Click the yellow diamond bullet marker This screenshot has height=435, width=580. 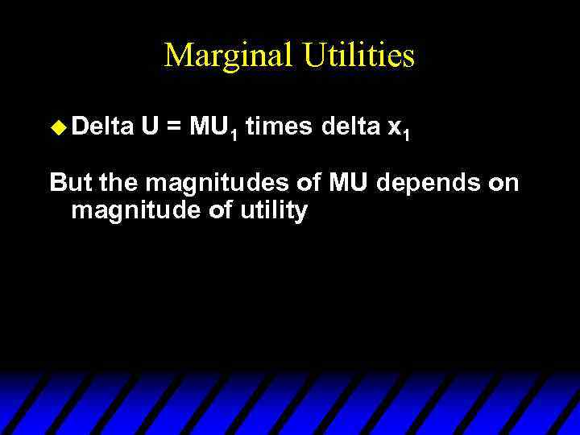pos(56,126)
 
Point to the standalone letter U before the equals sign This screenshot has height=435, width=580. pos(148,126)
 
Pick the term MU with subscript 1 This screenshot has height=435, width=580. pos(213,127)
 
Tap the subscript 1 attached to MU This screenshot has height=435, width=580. pos(233,134)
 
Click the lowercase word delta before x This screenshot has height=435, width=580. pos(351,126)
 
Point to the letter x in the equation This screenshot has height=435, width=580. pos(395,127)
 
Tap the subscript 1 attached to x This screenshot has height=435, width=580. pos(408,134)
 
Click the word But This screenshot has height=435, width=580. pos(71,183)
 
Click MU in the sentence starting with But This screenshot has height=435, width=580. pos(347,183)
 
